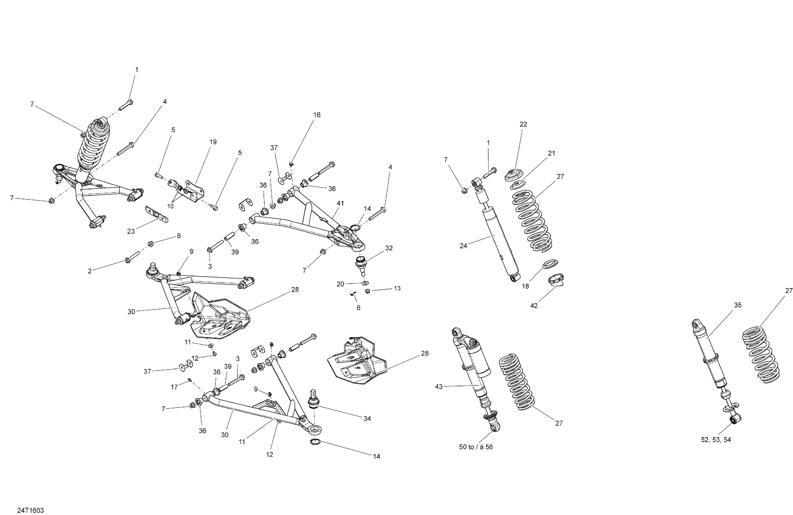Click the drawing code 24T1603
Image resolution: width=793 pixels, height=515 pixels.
[x=30, y=510]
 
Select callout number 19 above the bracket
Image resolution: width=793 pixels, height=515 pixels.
[x=213, y=142]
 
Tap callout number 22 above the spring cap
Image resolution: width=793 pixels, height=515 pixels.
[x=523, y=124]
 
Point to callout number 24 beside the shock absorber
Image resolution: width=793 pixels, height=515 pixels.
[x=463, y=246]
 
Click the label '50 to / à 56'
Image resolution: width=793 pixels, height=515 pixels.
[x=476, y=447]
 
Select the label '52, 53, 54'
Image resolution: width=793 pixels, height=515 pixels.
[x=716, y=440]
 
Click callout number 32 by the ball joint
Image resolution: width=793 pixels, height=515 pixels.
[x=389, y=248]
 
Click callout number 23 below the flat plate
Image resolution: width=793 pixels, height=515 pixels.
[x=131, y=231]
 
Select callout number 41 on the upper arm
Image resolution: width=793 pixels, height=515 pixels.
[x=340, y=203]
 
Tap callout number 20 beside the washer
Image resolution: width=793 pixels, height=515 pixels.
[x=340, y=284]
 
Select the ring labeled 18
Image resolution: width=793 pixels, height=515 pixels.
[x=551, y=264]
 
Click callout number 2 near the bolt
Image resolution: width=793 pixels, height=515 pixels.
[x=89, y=271]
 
